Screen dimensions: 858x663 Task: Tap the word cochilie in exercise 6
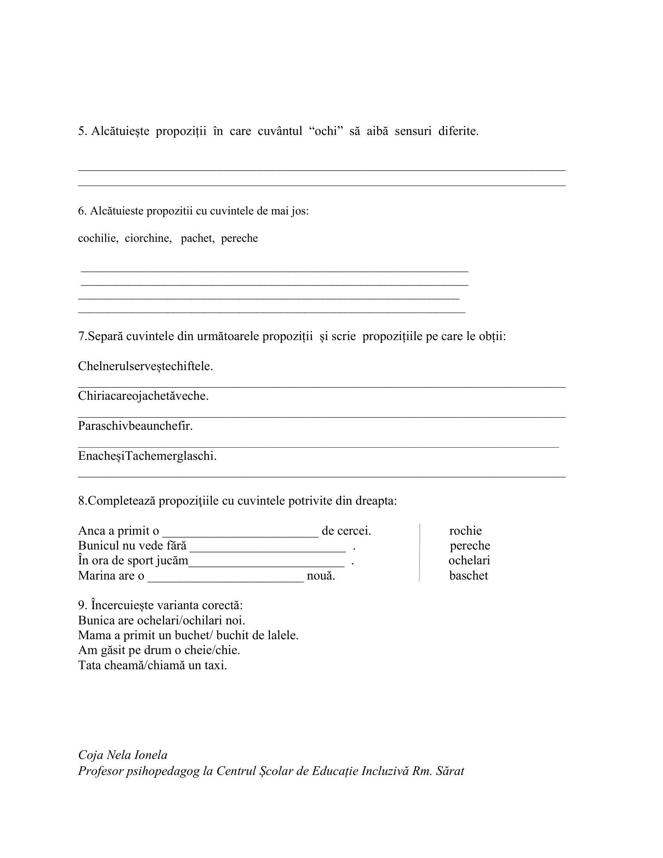tap(97, 238)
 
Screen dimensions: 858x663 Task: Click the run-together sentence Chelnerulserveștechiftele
tap(145, 366)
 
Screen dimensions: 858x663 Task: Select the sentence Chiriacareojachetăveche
tap(143, 395)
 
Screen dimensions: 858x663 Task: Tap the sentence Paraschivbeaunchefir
tap(135, 425)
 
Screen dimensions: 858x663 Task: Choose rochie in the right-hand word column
tap(465, 531)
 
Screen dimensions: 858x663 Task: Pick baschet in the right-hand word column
tap(468, 576)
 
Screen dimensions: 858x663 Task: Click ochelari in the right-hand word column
tap(469, 560)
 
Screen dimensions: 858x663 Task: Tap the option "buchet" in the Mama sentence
tap(192, 635)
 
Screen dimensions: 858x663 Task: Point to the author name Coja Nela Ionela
tap(122, 755)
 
